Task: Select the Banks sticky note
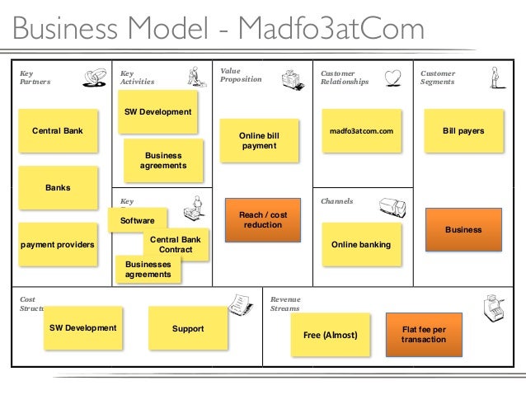(58, 188)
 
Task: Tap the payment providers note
(58, 245)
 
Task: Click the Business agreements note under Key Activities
(162, 160)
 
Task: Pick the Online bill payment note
(258, 141)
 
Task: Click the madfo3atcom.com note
(361, 132)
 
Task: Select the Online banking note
(360, 245)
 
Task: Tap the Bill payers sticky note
(463, 132)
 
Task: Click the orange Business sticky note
(463, 230)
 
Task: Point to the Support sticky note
(187, 329)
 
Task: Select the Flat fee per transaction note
(422, 334)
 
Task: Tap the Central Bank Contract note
(175, 245)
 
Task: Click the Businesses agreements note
(148, 269)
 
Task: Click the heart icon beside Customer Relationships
(393, 78)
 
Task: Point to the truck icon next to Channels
(391, 208)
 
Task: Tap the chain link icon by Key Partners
(94, 78)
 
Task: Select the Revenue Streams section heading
(285, 303)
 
